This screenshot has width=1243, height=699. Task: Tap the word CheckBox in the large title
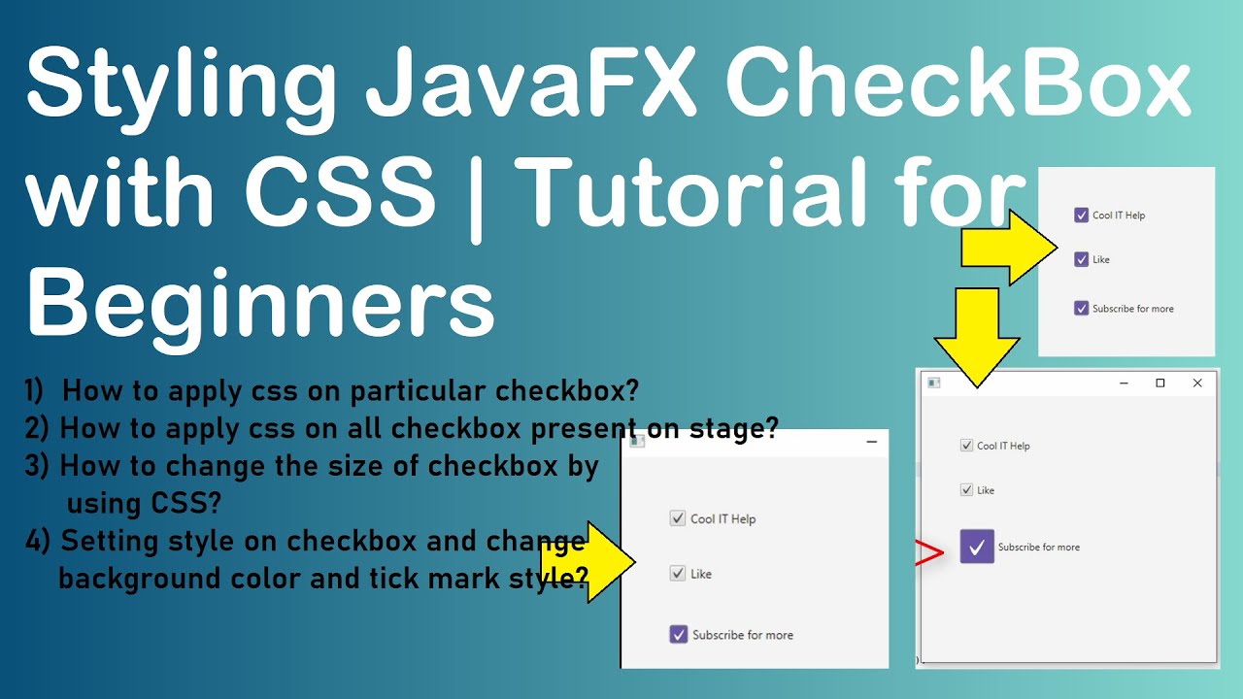(x=957, y=85)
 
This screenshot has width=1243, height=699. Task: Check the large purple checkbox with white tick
(x=977, y=547)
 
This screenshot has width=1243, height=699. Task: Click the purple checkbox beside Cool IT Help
(x=1081, y=215)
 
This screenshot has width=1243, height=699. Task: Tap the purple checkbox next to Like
(x=1081, y=259)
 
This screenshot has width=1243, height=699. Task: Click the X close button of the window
(x=1197, y=383)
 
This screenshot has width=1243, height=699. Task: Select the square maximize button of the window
(x=1159, y=383)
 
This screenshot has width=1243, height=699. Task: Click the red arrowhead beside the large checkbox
(x=930, y=554)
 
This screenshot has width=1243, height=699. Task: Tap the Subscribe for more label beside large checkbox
(x=1038, y=548)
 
